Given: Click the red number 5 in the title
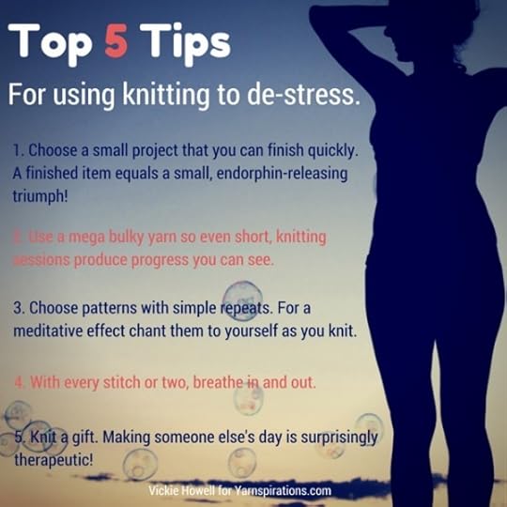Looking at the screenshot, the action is coord(116,42).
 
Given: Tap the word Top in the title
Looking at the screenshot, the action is coord(50,45).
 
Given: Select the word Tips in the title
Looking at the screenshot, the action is coord(185,45).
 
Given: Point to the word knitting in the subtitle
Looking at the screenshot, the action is coord(166,96).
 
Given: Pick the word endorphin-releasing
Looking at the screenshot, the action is coord(282,174).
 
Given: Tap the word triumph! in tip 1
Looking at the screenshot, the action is coord(40,196).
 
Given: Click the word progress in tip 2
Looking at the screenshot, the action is coord(160,261).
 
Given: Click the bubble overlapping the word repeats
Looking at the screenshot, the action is coord(242,300).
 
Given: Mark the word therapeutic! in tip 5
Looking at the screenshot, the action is coord(54,460).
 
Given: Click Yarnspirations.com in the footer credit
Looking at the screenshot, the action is coord(283,490).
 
